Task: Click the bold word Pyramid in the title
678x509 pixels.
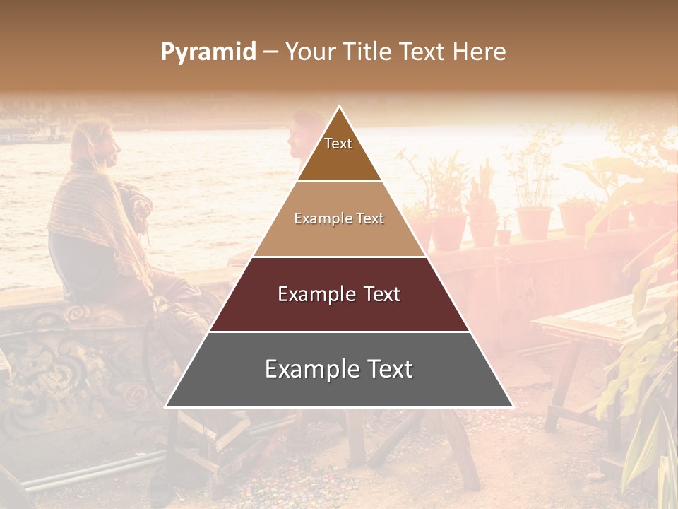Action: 208,52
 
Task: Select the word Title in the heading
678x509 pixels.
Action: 368,52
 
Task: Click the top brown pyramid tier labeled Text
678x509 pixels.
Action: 338,152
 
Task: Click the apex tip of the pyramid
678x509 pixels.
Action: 339,107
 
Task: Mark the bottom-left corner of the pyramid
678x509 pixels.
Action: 166,406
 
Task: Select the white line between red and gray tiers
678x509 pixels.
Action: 339,332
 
